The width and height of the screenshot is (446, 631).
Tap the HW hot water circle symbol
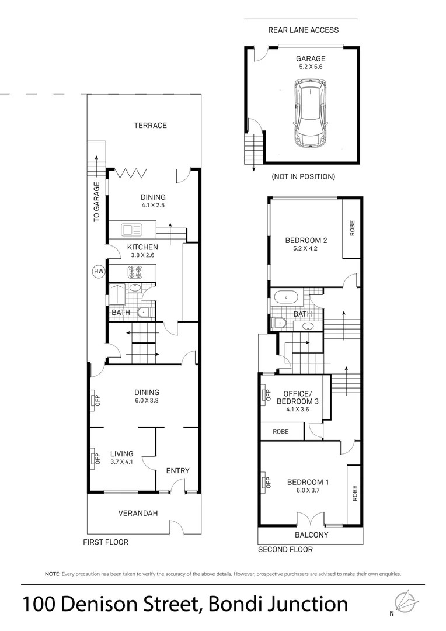(97, 271)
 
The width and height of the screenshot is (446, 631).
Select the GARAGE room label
(310, 58)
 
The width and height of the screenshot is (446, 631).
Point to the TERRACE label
(150, 125)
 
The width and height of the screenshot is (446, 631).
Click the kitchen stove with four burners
(134, 271)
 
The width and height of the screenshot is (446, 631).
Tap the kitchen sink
(132, 228)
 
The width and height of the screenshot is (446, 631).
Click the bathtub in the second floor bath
(287, 297)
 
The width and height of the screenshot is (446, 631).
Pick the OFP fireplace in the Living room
(93, 457)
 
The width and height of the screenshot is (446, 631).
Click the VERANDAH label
(138, 513)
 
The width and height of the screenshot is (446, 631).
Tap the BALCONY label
(311, 535)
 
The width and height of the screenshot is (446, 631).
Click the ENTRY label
(177, 470)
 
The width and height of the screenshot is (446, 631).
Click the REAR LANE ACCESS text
(303, 30)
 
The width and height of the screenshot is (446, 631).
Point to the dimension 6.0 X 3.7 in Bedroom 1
(308, 491)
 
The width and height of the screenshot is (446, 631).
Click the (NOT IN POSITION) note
(303, 176)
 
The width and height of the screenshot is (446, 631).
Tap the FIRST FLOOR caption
(105, 542)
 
